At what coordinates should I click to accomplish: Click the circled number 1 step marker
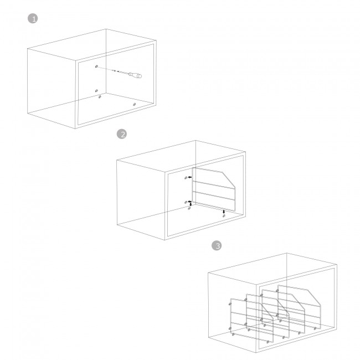click(33, 19)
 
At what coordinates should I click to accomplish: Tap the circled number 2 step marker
click(122, 134)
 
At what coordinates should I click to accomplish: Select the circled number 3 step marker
click(217, 246)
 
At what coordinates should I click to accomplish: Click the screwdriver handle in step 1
click(135, 75)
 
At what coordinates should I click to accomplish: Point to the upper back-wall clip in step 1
click(96, 66)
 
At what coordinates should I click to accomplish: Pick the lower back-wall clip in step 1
click(96, 91)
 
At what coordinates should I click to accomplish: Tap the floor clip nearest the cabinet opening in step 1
click(135, 104)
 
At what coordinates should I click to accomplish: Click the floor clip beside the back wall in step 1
click(100, 97)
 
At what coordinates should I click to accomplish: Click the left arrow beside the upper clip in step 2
click(190, 177)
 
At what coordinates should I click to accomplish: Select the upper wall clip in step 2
click(186, 178)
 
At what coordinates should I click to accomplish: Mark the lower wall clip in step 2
click(186, 202)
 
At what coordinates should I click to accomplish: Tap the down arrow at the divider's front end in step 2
click(224, 212)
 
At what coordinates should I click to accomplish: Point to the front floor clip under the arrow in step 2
click(224, 215)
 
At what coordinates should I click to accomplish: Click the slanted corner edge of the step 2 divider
click(229, 179)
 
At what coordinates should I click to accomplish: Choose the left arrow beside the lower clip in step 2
click(189, 202)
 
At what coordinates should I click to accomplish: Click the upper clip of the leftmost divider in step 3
click(230, 304)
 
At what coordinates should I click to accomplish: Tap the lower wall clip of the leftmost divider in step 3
click(230, 328)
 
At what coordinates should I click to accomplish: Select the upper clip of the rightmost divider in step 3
click(277, 291)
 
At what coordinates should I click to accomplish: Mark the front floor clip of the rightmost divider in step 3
click(315, 328)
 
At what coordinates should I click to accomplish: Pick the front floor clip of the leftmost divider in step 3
click(268, 342)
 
